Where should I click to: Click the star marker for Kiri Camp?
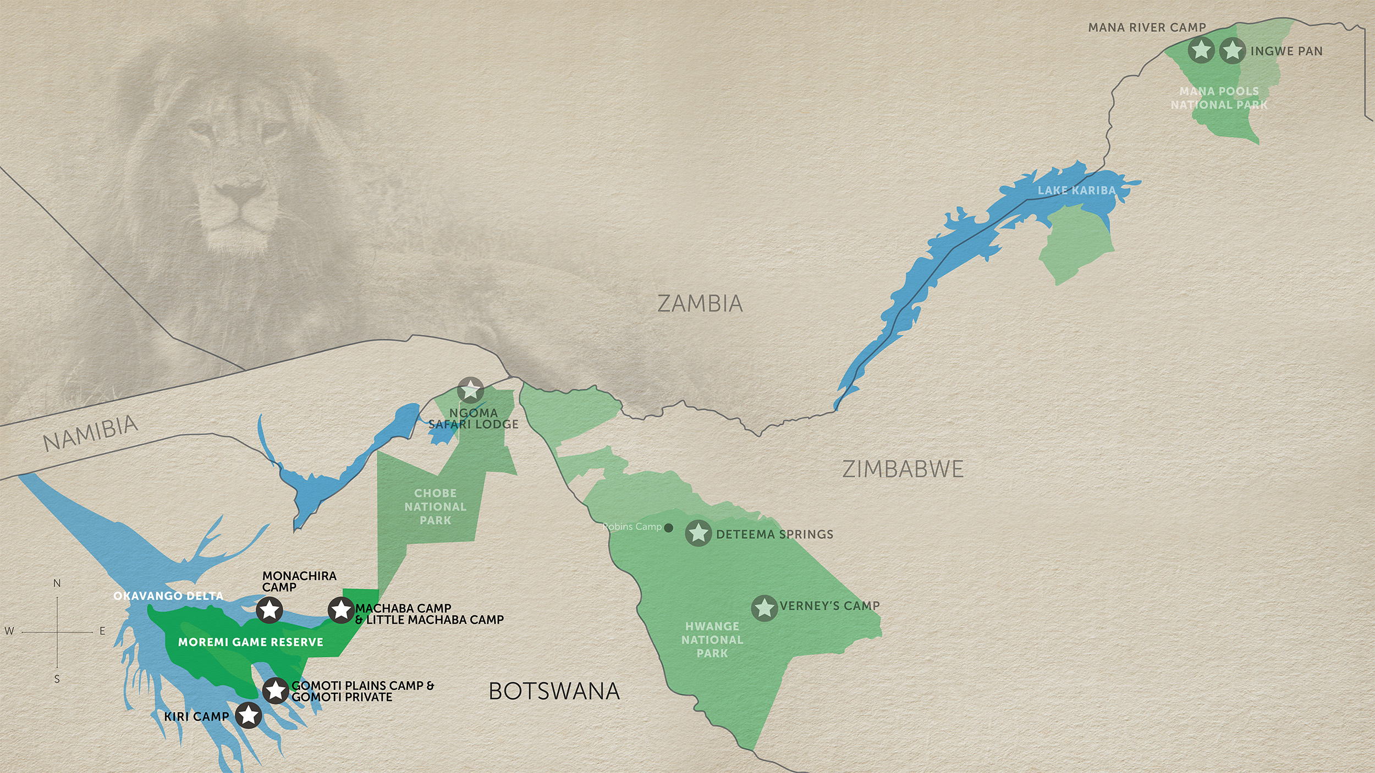click(x=249, y=715)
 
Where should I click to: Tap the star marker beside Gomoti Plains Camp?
click(x=276, y=691)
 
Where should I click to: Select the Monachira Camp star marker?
click(x=269, y=610)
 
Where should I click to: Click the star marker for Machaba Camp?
click(x=341, y=610)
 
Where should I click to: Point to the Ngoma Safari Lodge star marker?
click(x=471, y=390)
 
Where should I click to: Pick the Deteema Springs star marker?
click(x=698, y=533)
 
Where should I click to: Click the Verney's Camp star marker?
click(x=765, y=608)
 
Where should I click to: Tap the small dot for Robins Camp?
click(x=669, y=528)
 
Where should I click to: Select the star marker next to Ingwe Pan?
click(x=1233, y=50)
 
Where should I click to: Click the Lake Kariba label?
click(x=1076, y=190)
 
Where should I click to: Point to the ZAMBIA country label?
click(x=700, y=303)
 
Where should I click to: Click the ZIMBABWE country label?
click(x=903, y=469)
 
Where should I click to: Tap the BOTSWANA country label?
click(x=554, y=691)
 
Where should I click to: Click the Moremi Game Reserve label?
click(x=250, y=642)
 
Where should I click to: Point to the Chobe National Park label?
click(x=435, y=506)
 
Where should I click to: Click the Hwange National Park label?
click(x=712, y=639)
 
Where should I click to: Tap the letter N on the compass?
click(x=57, y=583)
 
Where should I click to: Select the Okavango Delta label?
click(x=168, y=596)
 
